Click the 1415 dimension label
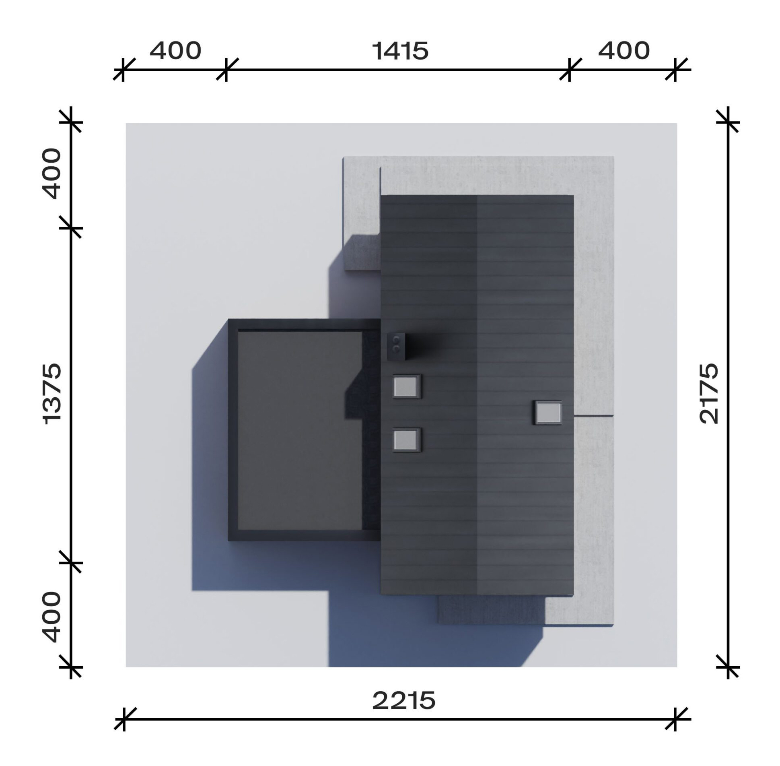(x=400, y=51)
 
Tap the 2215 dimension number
(x=403, y=700)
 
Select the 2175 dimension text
(x=709, y=393)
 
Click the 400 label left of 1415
(x=175, y=51)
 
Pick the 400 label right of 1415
(x=624, y=51)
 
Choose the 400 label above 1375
(x=52, y=174)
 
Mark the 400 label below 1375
(x=52, y=617)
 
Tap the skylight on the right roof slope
(x=548, y=413)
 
